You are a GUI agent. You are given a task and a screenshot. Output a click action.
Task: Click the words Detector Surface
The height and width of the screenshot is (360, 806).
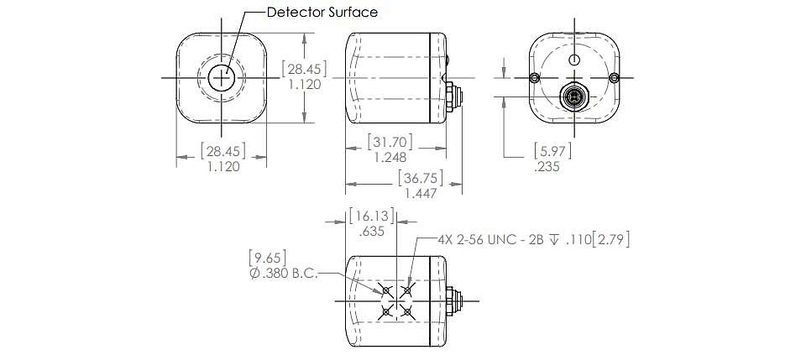(x=322, y=12)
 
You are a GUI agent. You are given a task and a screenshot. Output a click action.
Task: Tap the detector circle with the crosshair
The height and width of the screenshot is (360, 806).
(x=222, y=77)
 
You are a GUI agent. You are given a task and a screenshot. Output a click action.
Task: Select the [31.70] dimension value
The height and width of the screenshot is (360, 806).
(x=390, y=140)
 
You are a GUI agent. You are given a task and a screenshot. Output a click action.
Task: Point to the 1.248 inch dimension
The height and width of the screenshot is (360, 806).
(x=390, y=157)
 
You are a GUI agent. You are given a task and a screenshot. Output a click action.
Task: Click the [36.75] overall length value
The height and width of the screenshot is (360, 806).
(x=421, y=178)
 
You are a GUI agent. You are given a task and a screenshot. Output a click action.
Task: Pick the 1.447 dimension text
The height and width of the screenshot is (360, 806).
(x=421, y=194)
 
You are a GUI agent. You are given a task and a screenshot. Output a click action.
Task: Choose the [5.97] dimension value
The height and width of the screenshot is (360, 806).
(x=552, y=151)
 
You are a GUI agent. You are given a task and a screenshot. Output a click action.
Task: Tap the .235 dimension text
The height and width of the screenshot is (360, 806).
(x=547, y=166)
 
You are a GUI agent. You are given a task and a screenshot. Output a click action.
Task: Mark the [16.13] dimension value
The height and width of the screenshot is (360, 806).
(x=372, y=216)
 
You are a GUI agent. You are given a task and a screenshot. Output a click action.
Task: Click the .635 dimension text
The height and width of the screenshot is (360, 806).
(x=372, y=232)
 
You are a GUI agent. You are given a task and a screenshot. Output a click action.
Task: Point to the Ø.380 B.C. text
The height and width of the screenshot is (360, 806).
(x=284, y=274)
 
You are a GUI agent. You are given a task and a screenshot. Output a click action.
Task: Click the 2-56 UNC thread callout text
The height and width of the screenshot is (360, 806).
(x=484, y=239)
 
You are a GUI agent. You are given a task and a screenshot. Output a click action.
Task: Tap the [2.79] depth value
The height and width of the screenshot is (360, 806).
(x=610, y=239)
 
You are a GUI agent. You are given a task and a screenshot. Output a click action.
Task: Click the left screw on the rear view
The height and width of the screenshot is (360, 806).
(x=535, y=77)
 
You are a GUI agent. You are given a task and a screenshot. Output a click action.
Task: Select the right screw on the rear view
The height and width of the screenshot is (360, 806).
(x=614, y=77)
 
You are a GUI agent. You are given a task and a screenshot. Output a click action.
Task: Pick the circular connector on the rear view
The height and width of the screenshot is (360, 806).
(x=573, y=96)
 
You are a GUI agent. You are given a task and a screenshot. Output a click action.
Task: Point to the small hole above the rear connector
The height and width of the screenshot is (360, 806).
(x=573, y=59)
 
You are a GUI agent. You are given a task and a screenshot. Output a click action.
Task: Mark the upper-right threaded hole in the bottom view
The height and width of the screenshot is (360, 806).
(x=407, y=290)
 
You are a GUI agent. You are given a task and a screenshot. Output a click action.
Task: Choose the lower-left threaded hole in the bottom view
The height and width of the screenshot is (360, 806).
(x=386, y=311)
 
